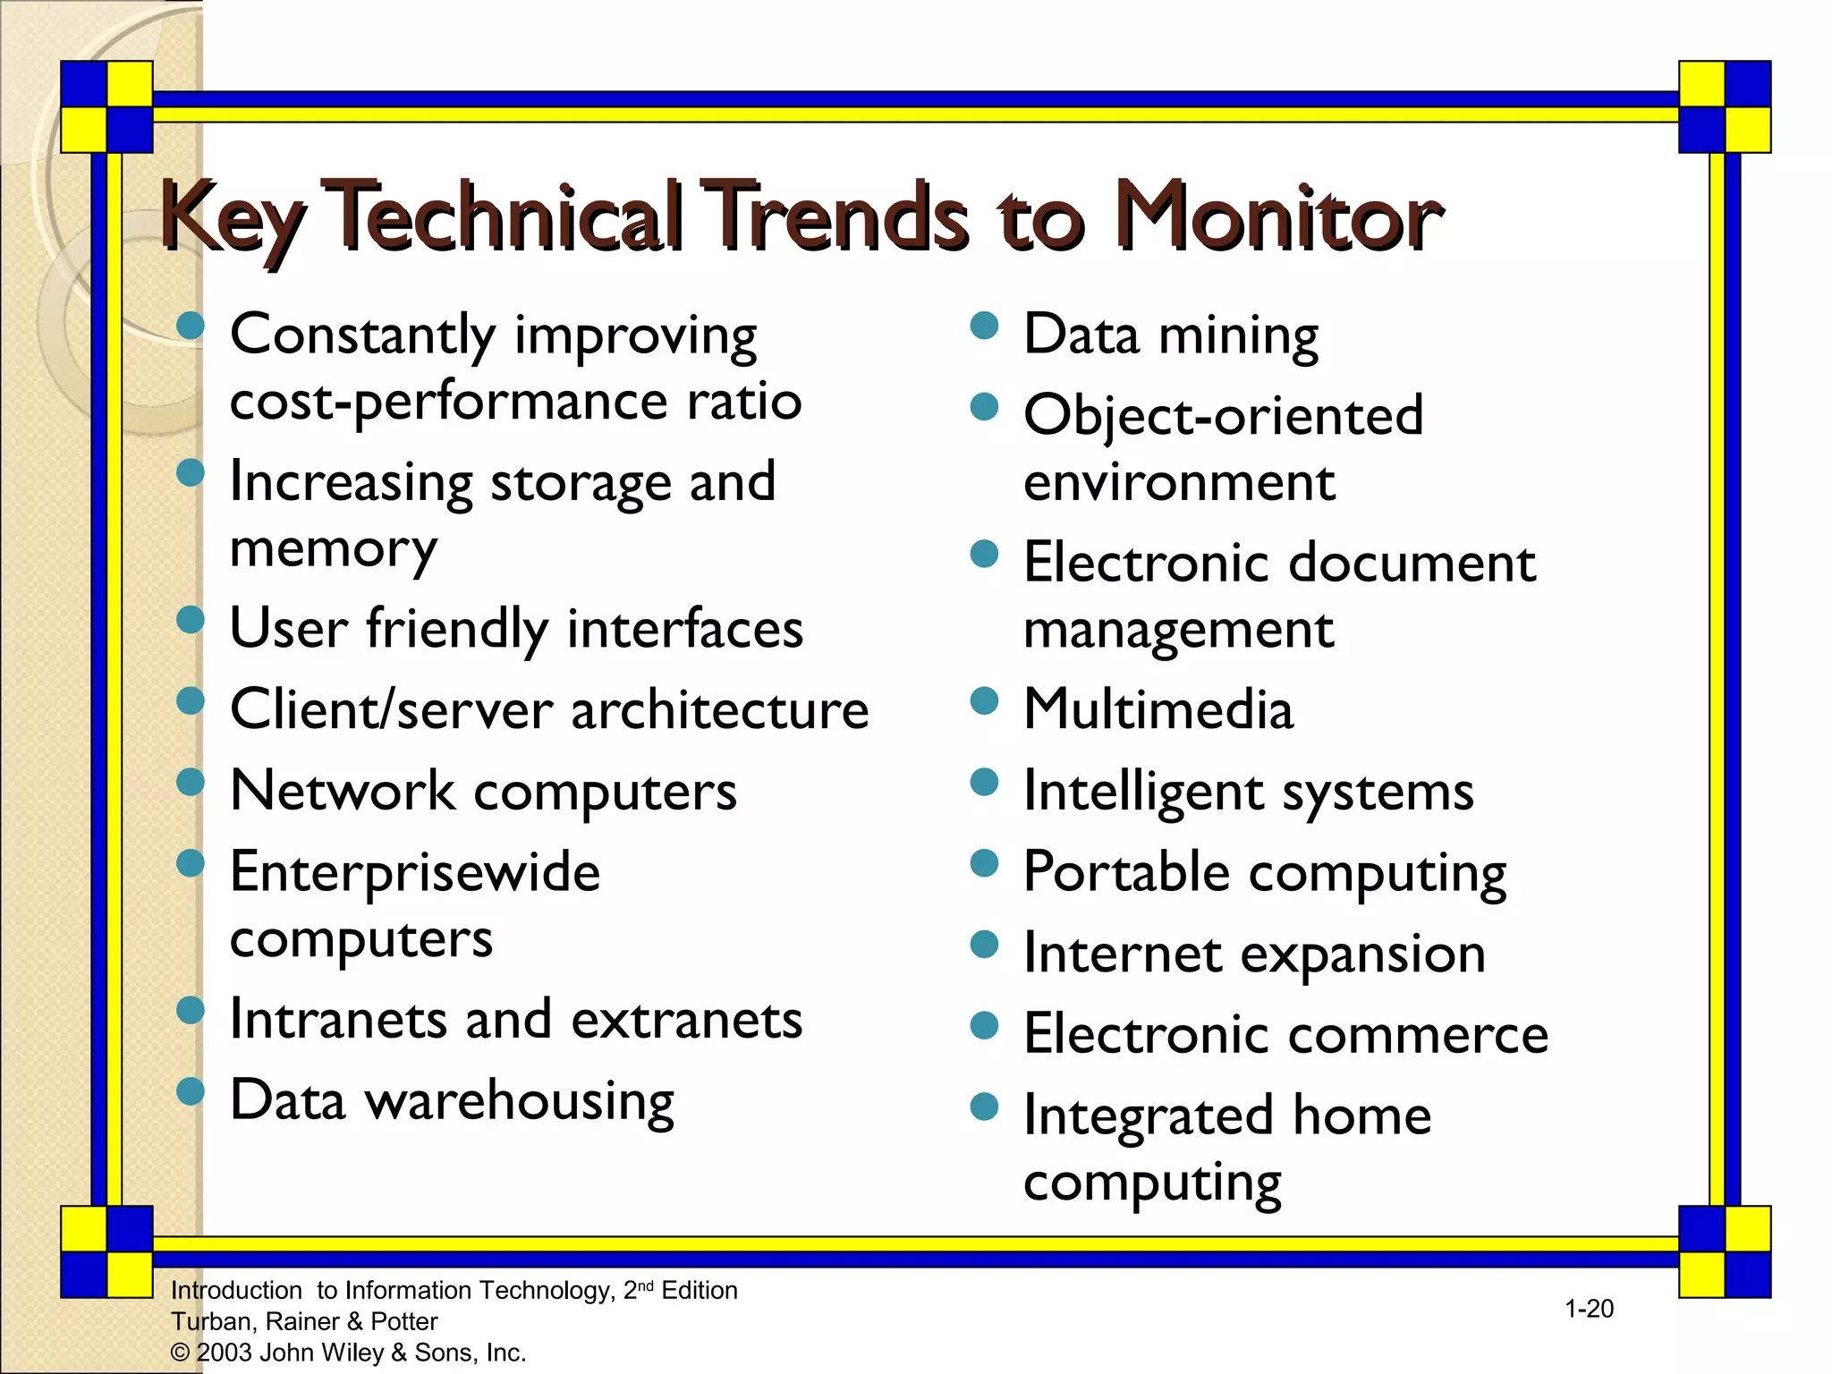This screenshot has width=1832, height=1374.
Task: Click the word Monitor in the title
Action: coord(1279,216)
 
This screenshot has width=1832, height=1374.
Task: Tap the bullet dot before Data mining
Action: coord(984,326)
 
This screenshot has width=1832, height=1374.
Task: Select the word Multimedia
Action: coord(1158,710)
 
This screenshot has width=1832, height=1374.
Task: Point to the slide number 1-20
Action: coord(1589,1309)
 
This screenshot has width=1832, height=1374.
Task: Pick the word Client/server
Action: coord(392,710)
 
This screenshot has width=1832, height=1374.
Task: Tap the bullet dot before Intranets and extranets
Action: coord(191,1011)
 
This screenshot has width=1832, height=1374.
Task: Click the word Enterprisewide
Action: coord(415,872)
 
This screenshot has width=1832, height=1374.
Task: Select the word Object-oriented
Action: coord(1223,417)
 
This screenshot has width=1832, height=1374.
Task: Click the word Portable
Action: coord(1126,872)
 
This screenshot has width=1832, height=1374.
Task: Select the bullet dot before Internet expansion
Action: coord(984,945)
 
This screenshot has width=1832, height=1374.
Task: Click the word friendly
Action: coord(457,629)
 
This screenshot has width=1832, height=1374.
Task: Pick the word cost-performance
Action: coord(448,401)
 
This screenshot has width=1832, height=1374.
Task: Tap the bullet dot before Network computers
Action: coord(191,783)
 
